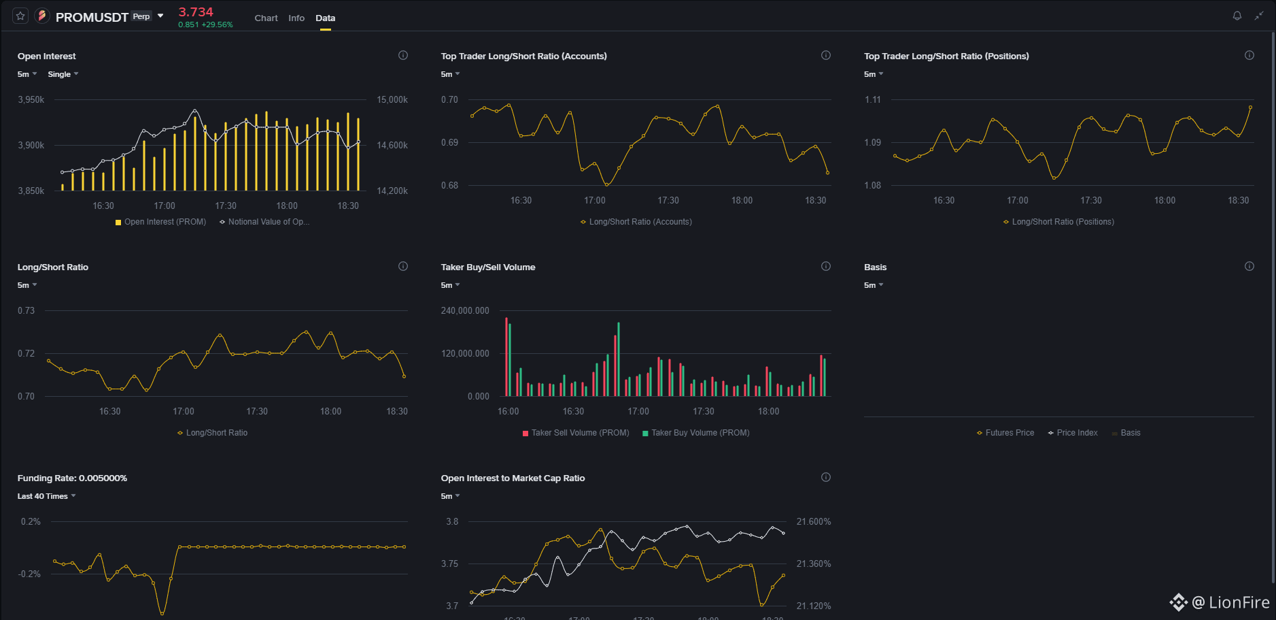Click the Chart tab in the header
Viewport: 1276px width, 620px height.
click(266, 18)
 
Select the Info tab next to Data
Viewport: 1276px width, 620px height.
click(296, 18)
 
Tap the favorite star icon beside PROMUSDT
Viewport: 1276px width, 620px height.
click(20, 16)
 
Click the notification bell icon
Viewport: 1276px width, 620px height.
click(1237, 16)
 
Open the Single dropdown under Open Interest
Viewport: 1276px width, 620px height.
click(63, 74)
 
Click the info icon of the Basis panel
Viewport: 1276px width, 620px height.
click(1249, 266)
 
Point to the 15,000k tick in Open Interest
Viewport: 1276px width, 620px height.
click(392, 100)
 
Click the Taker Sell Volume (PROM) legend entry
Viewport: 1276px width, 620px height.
click(576, 433)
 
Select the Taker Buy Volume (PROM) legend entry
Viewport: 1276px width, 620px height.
click(696, 433)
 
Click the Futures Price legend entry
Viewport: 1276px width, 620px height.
click(1005, 433)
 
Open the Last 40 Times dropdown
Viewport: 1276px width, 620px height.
click(46, 496)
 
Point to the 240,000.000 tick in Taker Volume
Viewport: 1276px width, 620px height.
click(465, 311)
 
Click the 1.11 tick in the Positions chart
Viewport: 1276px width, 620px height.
click(873, 100)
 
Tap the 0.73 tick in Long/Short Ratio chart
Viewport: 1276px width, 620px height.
click(26, 311)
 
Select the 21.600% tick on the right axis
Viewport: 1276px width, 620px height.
click(814, 522)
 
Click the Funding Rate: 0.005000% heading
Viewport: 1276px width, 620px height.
click(72, 478)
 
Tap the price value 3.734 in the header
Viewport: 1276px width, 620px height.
click(196, 12)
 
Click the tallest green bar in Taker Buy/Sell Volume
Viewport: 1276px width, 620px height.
click(619, 359)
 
